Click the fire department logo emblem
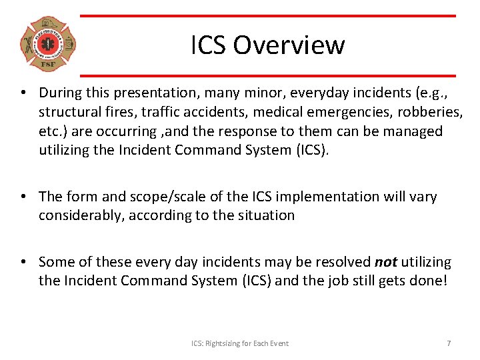click(x=47, y=45)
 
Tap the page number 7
click(x=449, y=343)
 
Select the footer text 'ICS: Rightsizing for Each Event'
click(x=240, y=343)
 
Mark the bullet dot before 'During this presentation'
click(x=23, y=93)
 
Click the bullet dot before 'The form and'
click(x=23, y=196)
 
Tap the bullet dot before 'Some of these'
click(x=23, y=262)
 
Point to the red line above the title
click(x=267, y=16)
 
